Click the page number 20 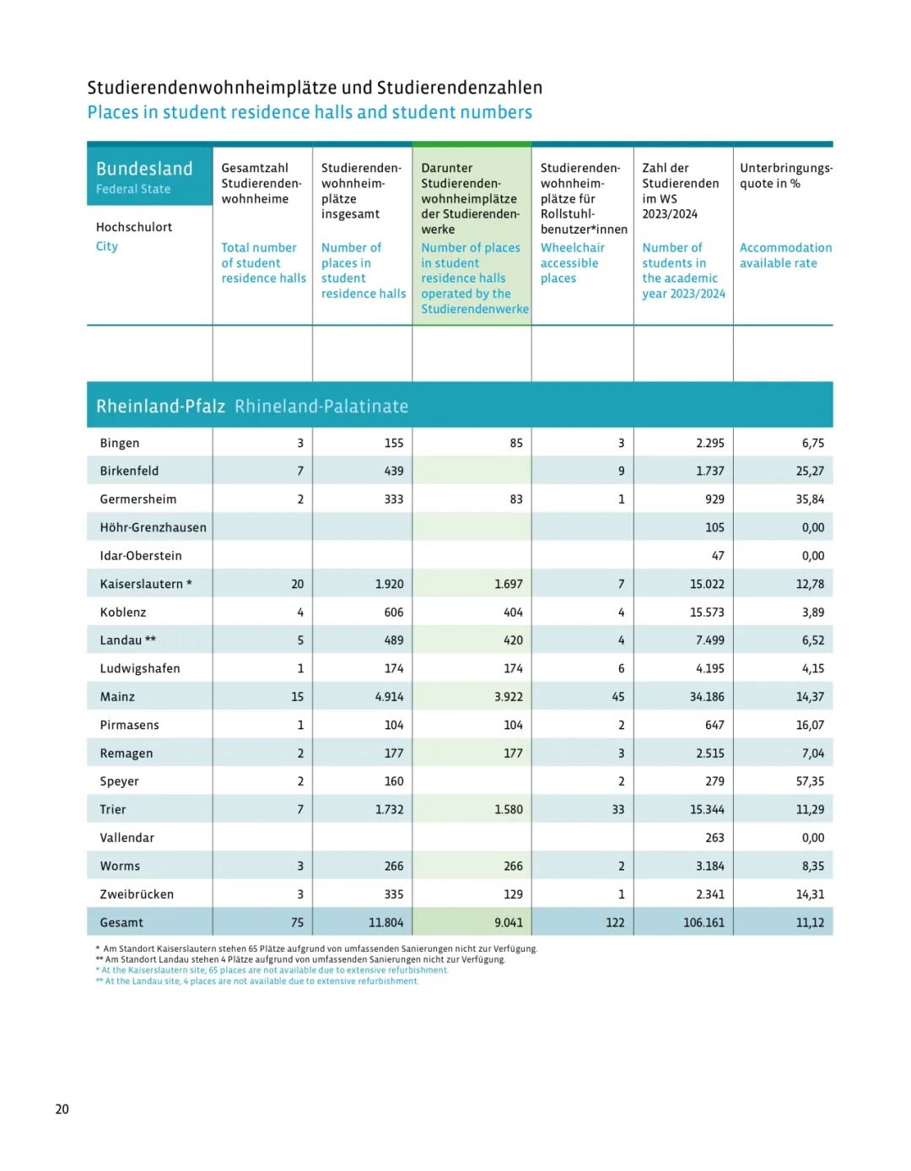[62, 1109]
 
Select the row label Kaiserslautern [142, 584]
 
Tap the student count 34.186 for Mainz [707, 697]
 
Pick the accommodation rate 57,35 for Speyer [810, 781]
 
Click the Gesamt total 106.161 [703, 922]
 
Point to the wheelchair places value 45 [618, 697]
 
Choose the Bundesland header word [144, 169]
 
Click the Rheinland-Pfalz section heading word [160, 406]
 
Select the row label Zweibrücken [137, 894]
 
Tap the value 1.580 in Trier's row [509, 809]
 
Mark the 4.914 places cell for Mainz [390, 697]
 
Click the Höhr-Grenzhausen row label [153, 527]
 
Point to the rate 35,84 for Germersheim [810, 499]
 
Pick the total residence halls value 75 [297, 922]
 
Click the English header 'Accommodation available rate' [785, 256]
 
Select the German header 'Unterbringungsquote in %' [785, 175]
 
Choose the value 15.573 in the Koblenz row [707, 612]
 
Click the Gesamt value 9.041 [509, 922]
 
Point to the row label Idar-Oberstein [141, 556]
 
